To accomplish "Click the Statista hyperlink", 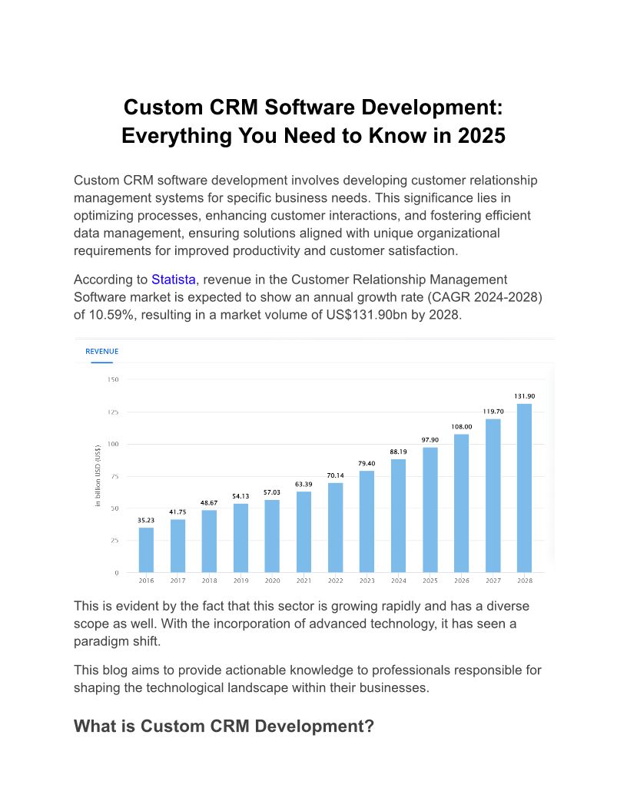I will coord(173,280).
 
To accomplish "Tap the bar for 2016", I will coord(146,550).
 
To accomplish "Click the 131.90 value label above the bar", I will coord(524,396).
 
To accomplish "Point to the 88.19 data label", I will coord(398,452).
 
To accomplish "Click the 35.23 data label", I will coord(146,520).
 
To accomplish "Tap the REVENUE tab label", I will coord(101,352).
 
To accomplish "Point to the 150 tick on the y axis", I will coord(113,379).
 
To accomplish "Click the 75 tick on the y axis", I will coord(114,476).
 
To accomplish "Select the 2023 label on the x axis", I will coord(367,581).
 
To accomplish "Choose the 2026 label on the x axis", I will coord(461,581).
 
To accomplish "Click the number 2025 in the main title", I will coord(481,136).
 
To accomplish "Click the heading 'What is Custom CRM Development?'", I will coord(224,727).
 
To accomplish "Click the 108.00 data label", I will coord(461,426).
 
